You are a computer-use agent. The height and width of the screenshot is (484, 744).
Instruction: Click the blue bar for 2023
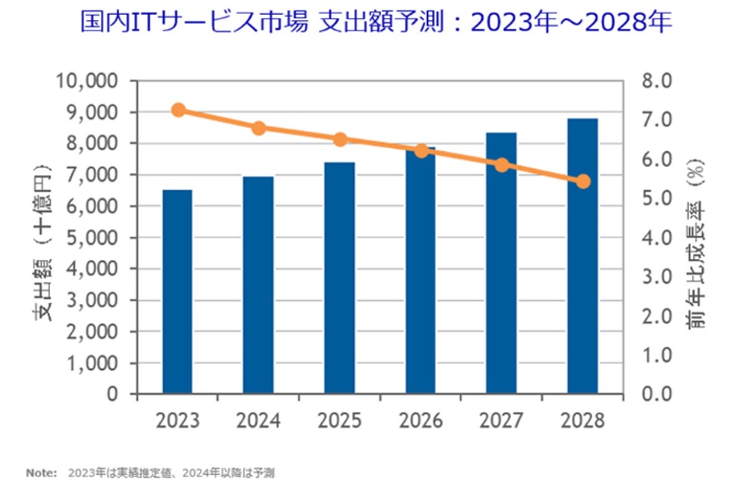pos(178,291)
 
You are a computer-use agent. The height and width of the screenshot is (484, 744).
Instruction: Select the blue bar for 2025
pos(339,278)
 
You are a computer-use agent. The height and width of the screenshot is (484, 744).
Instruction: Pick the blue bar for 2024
pos(258,284)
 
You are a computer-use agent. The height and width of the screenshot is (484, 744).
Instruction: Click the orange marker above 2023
pos(178,110)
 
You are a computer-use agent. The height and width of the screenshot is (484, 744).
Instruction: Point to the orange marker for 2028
pos(583,181)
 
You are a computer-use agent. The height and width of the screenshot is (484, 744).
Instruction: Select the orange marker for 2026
pos(421,150)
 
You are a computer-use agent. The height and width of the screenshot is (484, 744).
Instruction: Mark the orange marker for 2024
pos(259,128)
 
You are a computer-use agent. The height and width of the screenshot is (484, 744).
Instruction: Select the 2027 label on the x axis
pos(501,420)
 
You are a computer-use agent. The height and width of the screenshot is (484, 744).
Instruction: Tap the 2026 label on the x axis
pos(420,420)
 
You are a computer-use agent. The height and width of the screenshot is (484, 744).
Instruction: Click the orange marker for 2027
pos(502,165)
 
